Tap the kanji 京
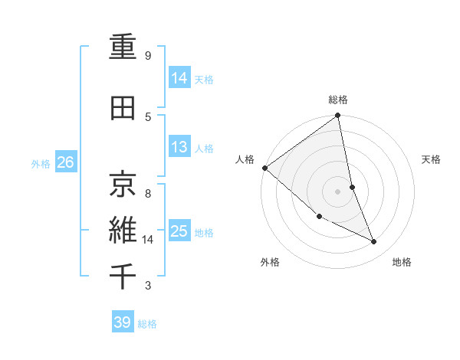[x=123, y=183]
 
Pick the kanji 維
[x=123, y=229]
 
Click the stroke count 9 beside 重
[x=148, y=56]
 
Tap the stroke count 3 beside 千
[x=148, y=286]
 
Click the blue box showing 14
[x=179, y=77]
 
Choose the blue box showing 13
[x=179, y=147]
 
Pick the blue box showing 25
[x=179, y=231]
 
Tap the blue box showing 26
[x=65, y=162]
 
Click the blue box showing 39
[x=122, y=322]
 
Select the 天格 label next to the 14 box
[x=204, y=79]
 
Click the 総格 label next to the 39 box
[x=147, y=324]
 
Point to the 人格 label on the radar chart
[x=245, y=159]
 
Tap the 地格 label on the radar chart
[x=402, y=262]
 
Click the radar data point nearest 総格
[x=337, y=116]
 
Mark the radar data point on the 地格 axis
[x=374, y=242]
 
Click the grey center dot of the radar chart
[x=337, y=191]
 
